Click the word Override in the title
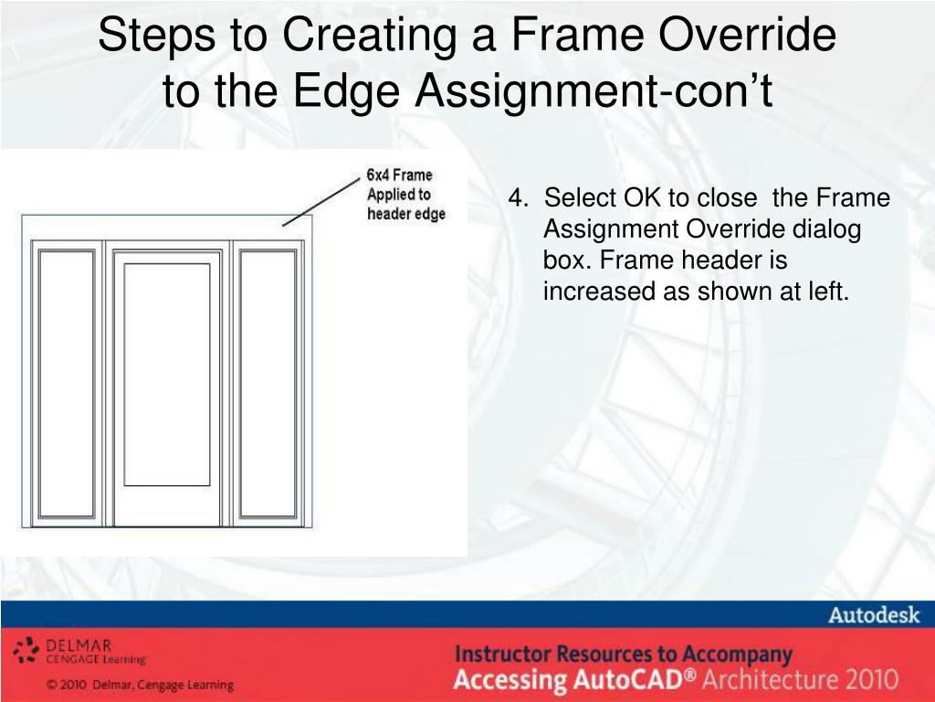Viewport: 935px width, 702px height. (747, 34)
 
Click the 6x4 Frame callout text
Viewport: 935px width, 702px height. (399, 175)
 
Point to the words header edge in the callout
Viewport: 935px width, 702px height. (406, 214)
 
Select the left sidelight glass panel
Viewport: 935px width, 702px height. (66, 383)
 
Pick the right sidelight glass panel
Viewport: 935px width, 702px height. (268, 383)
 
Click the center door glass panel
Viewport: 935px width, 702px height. (167, 374)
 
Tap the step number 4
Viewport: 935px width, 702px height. (518, 197)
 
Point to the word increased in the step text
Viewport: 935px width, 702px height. (599, 291)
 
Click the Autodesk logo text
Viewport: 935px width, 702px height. (874, 615)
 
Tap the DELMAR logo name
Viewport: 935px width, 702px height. (79, 645)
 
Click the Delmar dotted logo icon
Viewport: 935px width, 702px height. (26, 650)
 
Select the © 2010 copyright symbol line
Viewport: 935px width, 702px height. (140, 685)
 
